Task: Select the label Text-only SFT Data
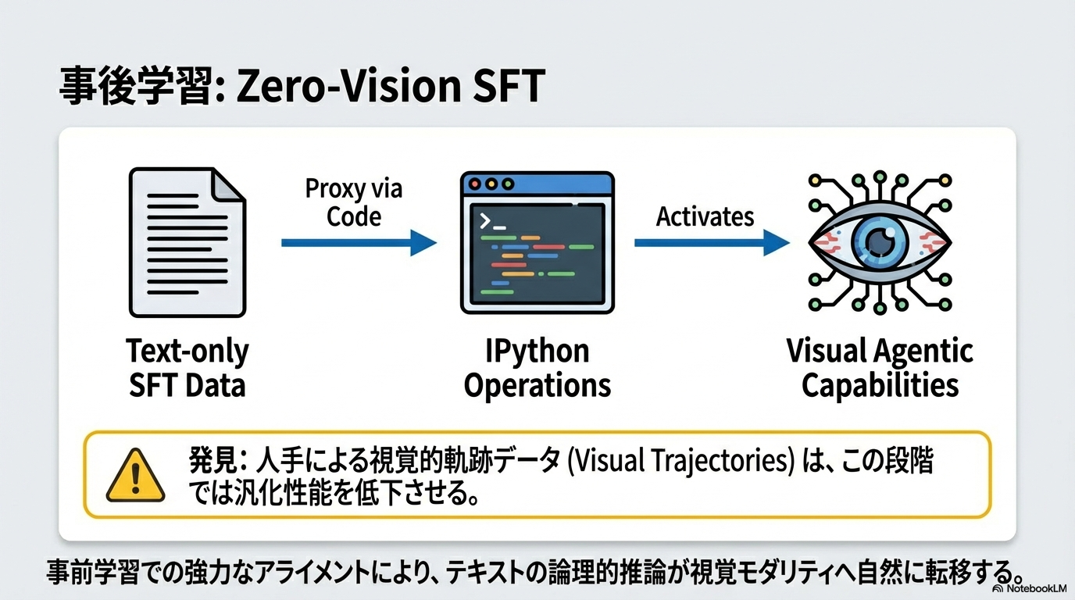[x=187, y=368]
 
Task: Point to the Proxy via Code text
[x=354, y=202]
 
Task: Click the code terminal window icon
[x=537, y=243]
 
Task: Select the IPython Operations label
[x=537, y=368]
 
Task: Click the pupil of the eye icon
[x=880, y=242]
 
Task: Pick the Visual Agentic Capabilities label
[x=880, y=368]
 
